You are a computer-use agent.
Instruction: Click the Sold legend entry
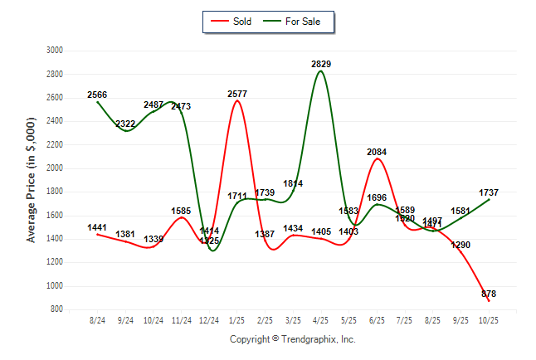point(234,22)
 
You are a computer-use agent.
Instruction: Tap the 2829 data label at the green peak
point(322,64)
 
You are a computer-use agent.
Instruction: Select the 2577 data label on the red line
point(238,94)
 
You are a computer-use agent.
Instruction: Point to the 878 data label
point(489,294)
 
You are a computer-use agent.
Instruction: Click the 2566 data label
point(97,95)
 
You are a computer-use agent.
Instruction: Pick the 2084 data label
point(378,152)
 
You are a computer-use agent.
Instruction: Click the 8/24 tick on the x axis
point(97,319)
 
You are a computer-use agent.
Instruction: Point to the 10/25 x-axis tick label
point(490,319)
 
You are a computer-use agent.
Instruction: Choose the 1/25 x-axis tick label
point(238,319)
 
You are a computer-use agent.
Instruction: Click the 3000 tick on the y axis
point(55,50)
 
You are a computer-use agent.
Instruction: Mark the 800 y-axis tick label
point(57,309)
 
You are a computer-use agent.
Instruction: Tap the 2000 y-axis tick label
point(55,168)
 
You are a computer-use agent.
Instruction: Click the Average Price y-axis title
point(32,180)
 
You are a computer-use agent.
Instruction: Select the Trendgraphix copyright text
point(292,339)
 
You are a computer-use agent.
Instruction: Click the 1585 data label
point(182,211)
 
